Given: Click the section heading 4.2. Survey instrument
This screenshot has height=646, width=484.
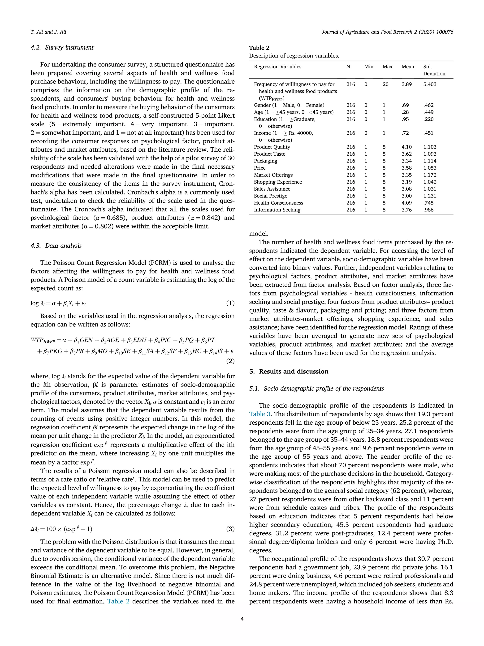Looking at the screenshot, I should (x=62, y=48).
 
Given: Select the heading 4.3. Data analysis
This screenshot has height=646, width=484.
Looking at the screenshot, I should (x=56, y=246).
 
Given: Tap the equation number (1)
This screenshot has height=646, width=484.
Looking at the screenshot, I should (x=230, y=303).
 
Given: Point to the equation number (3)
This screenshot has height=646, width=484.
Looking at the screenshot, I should (x=230, y=529).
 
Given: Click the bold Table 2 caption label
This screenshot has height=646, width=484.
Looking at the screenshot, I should (x=259, y=48).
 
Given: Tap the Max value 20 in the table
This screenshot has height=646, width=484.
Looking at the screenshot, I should (x=385, y=84).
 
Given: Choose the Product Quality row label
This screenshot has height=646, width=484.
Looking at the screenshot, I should (x=272, y=147).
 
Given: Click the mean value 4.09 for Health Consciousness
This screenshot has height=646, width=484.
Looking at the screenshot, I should (x=406, y=203).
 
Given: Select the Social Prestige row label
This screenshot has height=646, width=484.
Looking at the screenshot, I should (x=270, y=196).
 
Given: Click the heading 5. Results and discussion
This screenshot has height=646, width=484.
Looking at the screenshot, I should (x=289, y=371).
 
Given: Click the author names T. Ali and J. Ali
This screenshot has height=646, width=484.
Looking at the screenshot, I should (x=48, y=32).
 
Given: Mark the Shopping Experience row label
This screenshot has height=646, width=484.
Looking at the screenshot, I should (x=278, y=182).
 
